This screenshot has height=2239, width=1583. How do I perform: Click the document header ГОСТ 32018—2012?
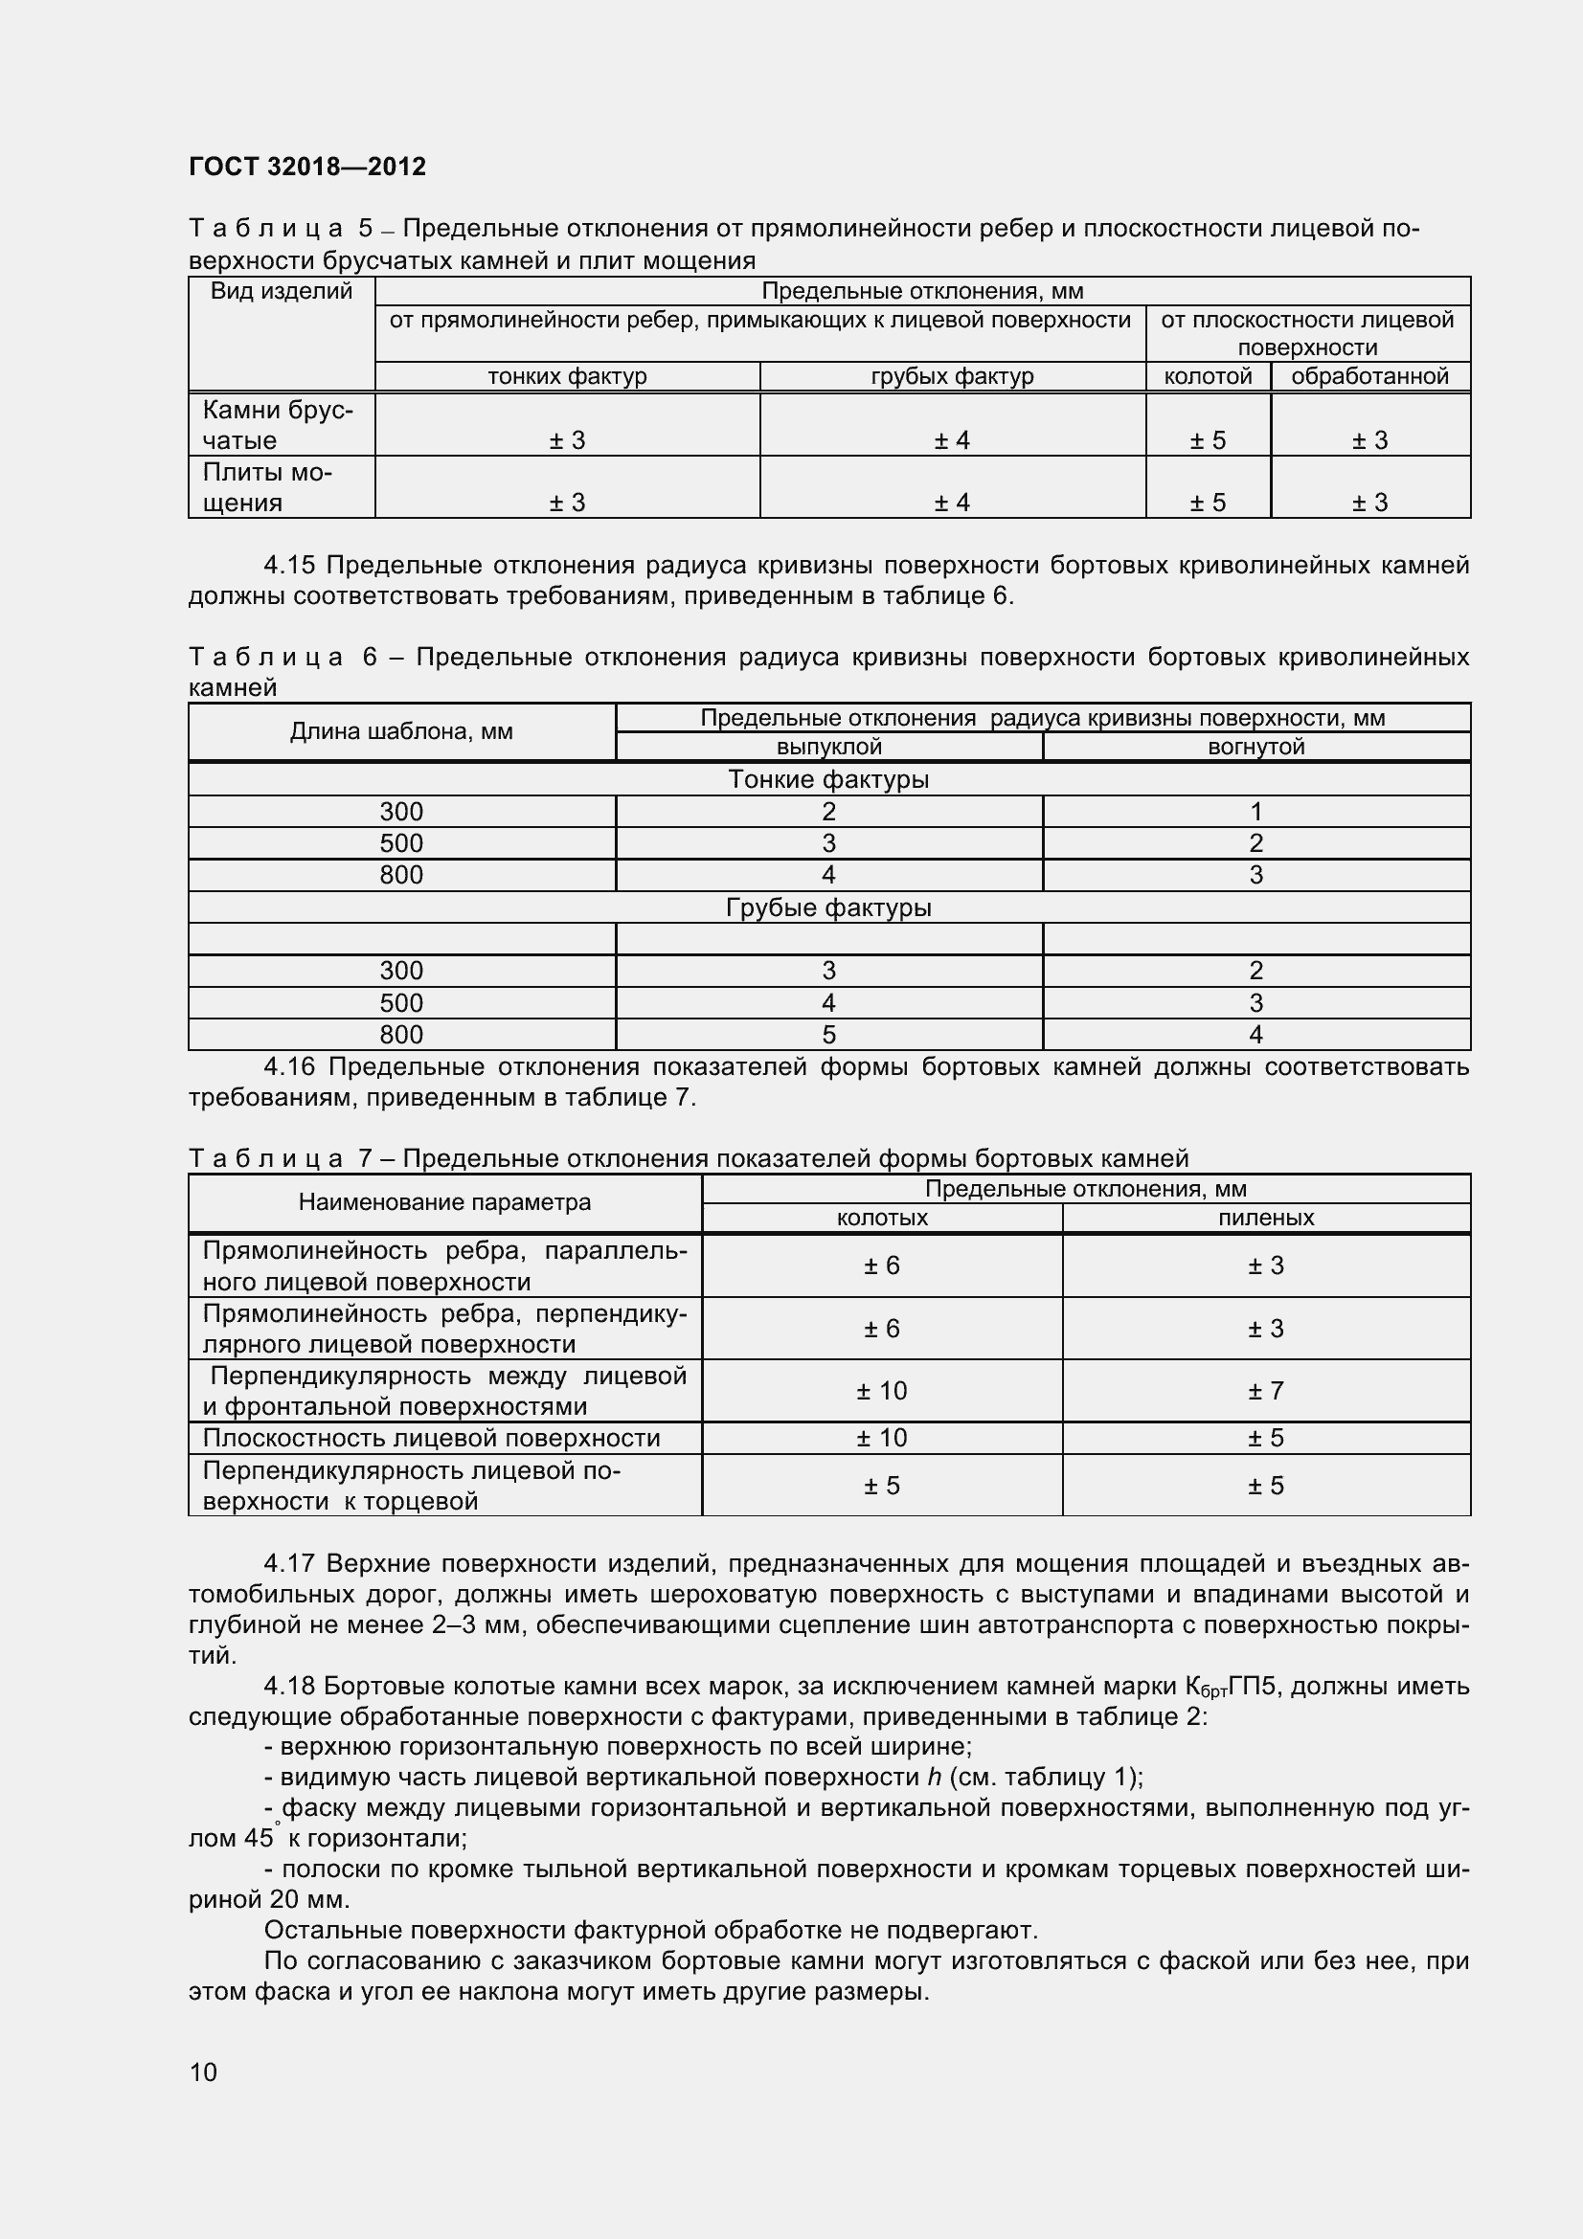pos(307,167)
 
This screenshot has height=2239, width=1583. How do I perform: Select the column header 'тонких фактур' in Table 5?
pos(567,376)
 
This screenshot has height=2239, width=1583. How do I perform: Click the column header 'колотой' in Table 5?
pos(1208,376)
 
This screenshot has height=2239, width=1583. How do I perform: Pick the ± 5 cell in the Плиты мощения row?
pos(1208,504)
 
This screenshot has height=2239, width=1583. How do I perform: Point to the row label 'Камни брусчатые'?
pos(277,424)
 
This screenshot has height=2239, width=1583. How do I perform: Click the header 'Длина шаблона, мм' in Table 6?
pos(401,731)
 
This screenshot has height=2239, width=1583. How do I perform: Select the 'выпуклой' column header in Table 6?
pos(829,747)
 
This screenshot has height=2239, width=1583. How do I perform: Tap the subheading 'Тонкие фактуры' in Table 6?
pos(828,779)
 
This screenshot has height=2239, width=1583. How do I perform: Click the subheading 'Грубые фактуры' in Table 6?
pos(828,907)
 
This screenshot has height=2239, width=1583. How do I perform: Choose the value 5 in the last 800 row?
pos(829,1035)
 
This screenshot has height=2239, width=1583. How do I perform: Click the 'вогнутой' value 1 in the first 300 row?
pos(1255,812)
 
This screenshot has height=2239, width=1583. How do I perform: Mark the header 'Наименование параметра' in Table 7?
pos(443,1202)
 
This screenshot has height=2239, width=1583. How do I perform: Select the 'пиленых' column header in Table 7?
pos(1265,1218)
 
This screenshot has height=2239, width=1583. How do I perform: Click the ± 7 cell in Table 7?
pos(1265,1391)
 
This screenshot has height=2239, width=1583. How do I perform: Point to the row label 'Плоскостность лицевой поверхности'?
pos(431,1438)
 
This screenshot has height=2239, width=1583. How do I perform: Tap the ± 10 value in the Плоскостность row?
pos(881,1438)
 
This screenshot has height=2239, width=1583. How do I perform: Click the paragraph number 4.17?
pos(289,1564)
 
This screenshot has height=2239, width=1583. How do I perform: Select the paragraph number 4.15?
pos(289,566)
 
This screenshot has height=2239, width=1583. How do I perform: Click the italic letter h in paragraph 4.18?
pos(934,1778)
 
